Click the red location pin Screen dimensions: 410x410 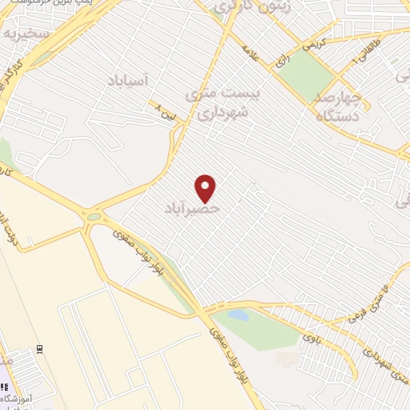click(x=206, y=187)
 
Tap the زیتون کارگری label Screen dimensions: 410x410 click(x=247, y=7)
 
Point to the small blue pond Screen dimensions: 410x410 click(x=239, y=316)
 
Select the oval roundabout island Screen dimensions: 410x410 click(x=94, y=216)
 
